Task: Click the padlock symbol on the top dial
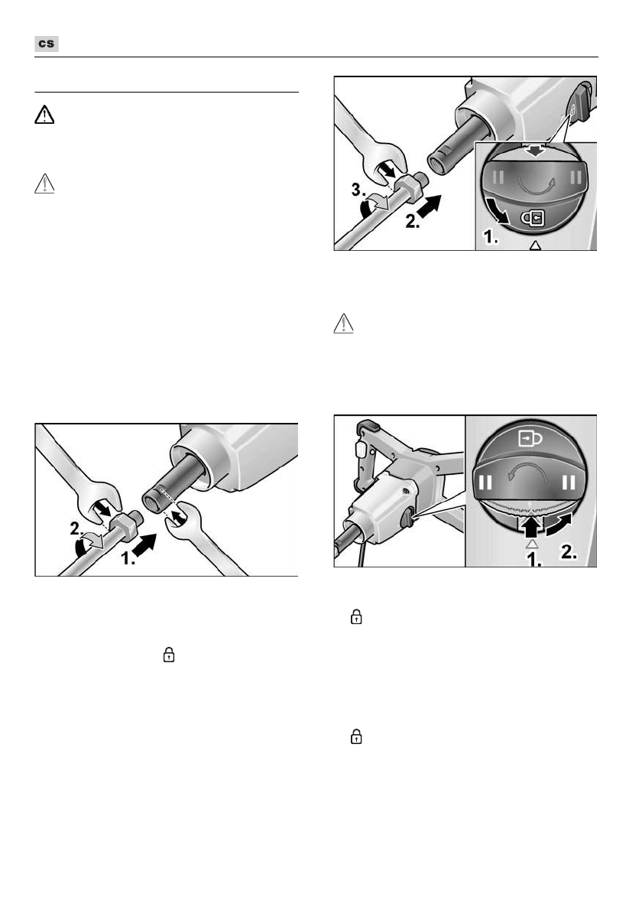click(533, 219)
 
